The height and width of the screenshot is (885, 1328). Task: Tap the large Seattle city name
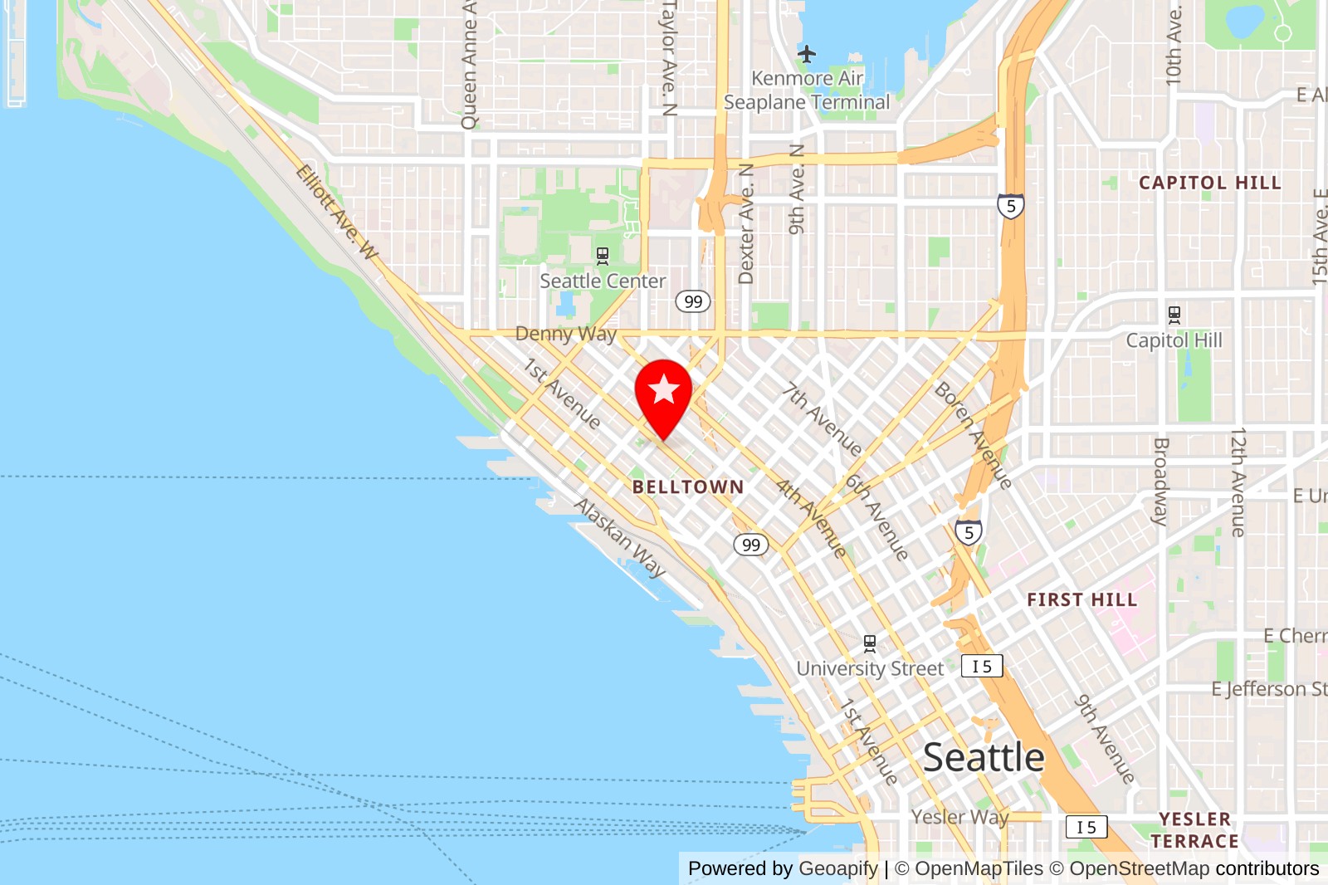(x=984, y=757)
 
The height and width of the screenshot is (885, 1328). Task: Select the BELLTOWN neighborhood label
(x=688, y=487)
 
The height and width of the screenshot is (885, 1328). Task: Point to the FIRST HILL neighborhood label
(x=1081, y=599)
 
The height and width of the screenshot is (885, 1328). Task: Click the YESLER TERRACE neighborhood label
(x=1195, y=830)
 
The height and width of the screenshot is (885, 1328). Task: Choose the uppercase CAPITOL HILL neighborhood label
(x=1209, y=183)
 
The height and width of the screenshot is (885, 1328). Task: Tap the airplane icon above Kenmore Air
(x=807, y=55)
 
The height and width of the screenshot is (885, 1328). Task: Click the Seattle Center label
(x=603, y=281)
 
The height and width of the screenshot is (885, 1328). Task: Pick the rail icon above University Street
(x=870, y=643)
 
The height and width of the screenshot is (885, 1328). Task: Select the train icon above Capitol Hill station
(x=1174, y=315)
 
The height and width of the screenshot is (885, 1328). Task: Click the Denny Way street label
(x=566, y=334)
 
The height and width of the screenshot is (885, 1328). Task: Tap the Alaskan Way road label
(x=620, y=537)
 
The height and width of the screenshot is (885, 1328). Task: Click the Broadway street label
(x=1161, y=482)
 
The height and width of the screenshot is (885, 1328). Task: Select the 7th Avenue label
(x=823, y=419)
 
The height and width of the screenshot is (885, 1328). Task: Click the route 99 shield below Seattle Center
(x=693, y=301)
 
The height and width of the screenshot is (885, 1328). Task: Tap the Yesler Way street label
(x=959, y=817)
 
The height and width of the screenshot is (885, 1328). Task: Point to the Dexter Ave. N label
(x=746, y=224)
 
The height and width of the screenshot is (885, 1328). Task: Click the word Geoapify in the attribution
(x=838, y=868)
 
